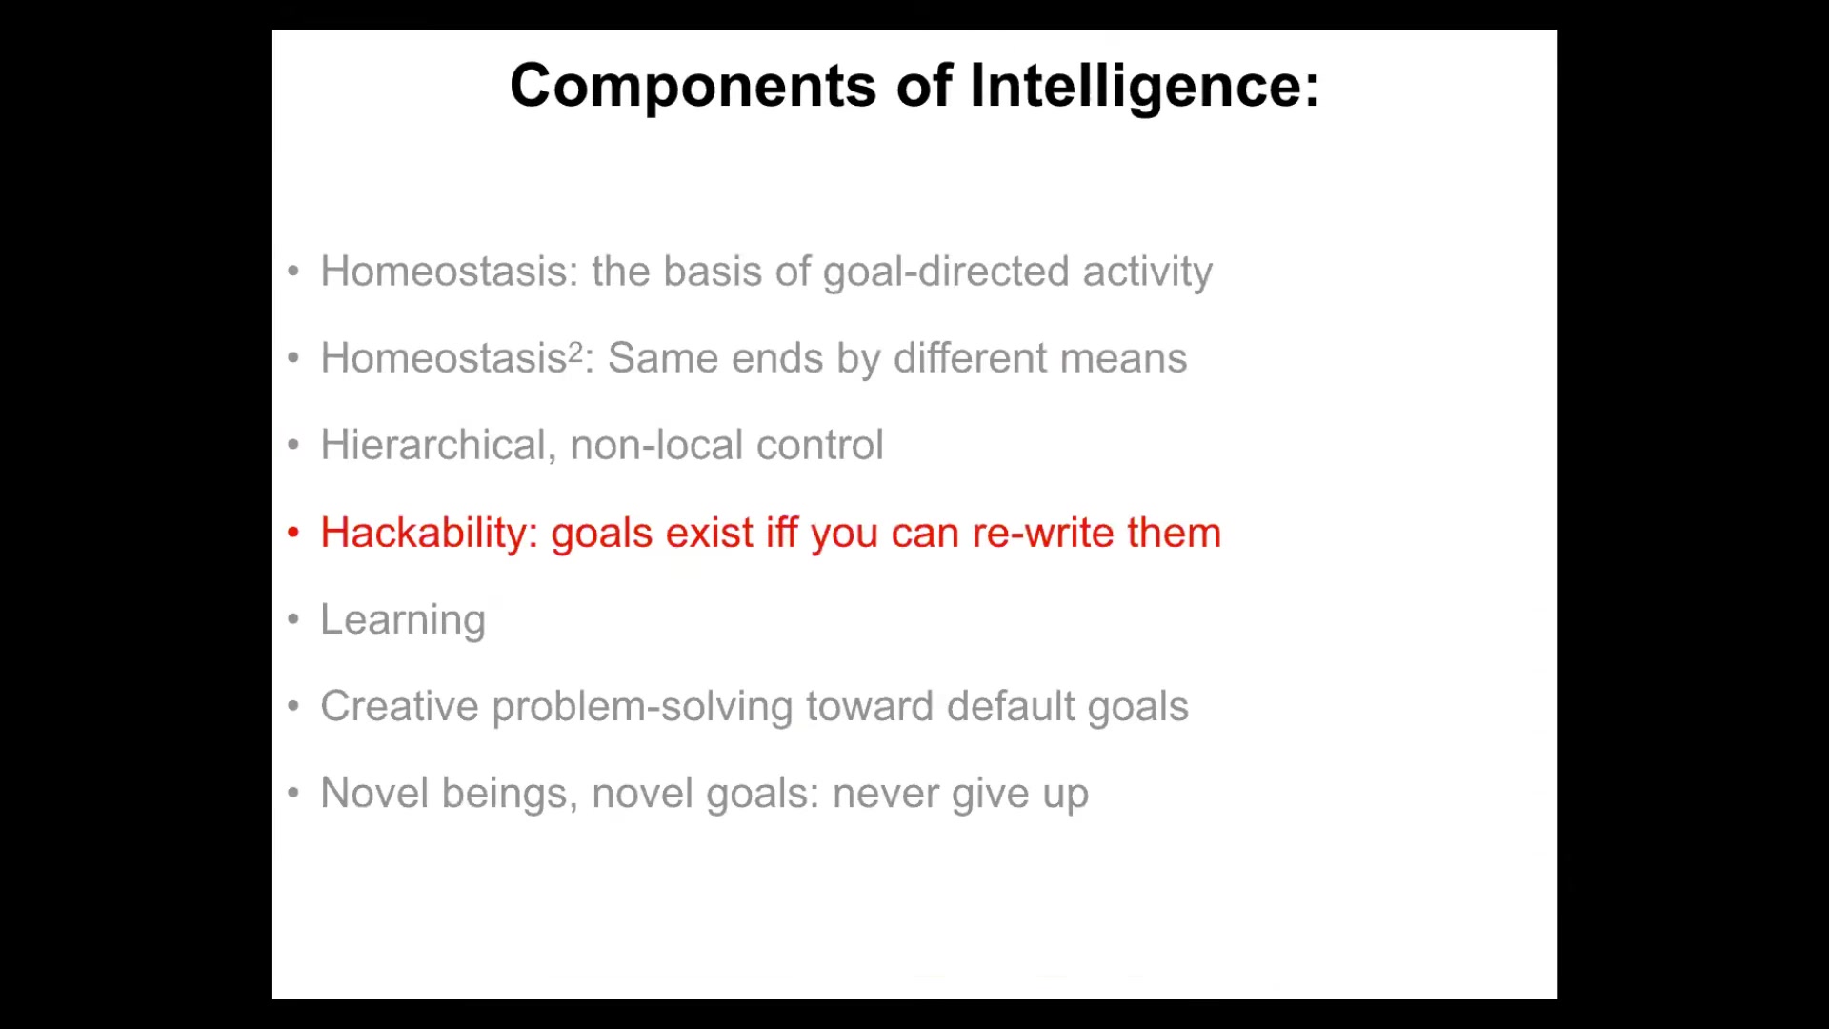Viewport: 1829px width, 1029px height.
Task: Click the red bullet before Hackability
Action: pyautogui.click(x=293, y=533)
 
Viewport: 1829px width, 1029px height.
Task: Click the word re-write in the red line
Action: pyautogui.click(x=1043, y=532)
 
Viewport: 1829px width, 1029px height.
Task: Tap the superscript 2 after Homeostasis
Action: pyautogui.click(x=575, y=352)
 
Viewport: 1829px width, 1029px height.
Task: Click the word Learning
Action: pyautogui.click(x=403, y=620)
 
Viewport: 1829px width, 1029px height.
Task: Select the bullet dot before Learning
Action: pyautogui.click(x=293, y=619)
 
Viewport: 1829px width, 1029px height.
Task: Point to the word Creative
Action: pyautogui.click(x=400, y=706)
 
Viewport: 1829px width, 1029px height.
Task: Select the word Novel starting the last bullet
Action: pyautogui.click(x=374, y=794)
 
